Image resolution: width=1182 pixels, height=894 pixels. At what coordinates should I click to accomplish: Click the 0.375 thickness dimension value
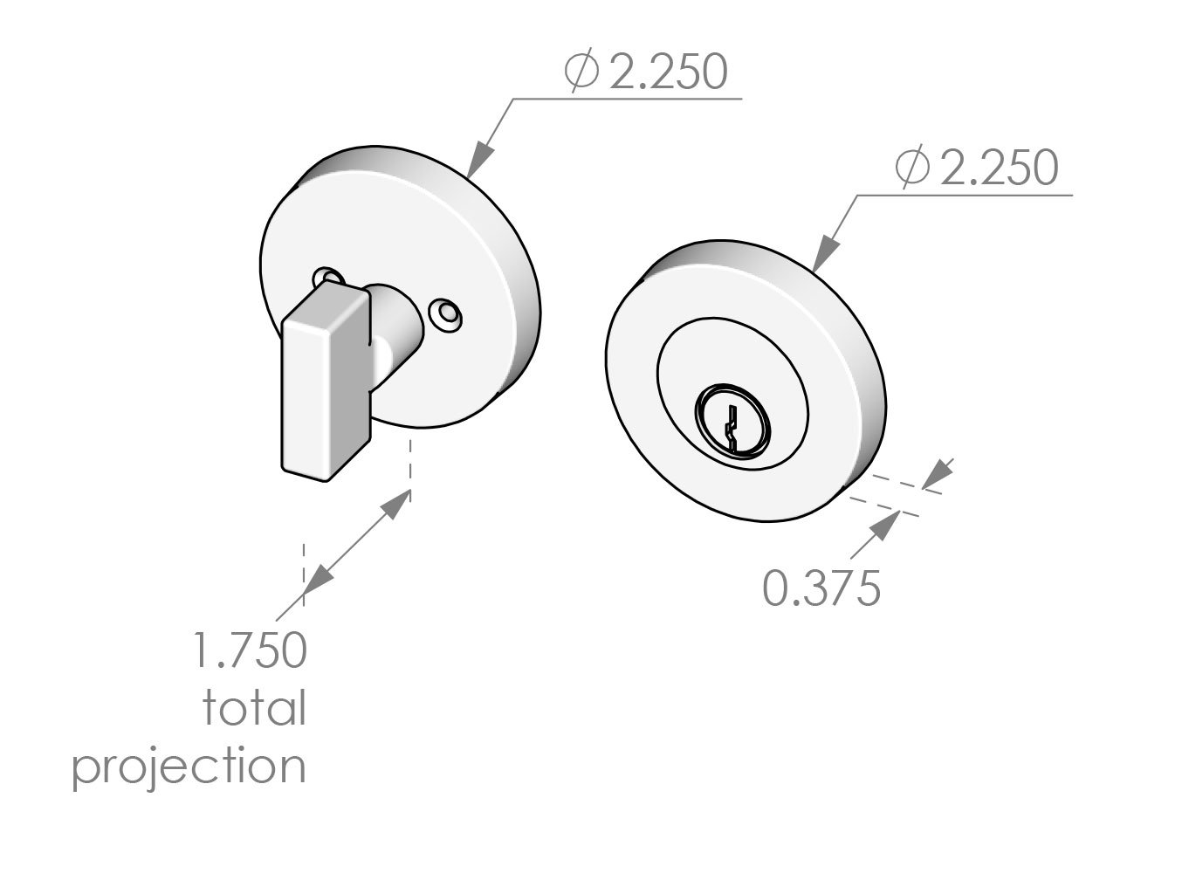point(821,588)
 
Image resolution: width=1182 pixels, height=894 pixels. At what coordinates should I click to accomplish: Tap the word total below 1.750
point(255,708)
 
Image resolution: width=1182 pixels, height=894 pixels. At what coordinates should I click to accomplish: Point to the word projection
point(189,767)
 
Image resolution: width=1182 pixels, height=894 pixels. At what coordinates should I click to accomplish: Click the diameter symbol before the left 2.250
point(581,72)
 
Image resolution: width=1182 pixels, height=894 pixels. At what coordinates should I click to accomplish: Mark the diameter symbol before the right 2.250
point(911,168)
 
